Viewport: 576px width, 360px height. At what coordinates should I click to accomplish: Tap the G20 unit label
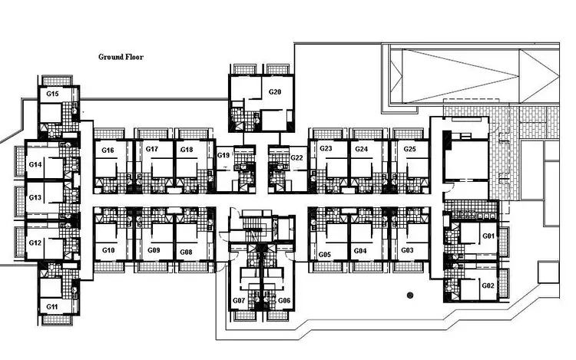(275, 92)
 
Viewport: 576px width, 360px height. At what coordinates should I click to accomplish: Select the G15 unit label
(52, 94)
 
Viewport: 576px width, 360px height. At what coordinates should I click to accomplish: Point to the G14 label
(35, 164)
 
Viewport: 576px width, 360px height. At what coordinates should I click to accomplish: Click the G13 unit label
(35, 197)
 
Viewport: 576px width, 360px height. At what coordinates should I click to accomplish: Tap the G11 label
(52, 306)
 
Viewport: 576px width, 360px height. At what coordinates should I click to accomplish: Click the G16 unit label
(108, 150)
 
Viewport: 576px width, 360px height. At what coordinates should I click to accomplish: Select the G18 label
(187, 150)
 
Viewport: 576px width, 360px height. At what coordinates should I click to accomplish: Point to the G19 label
(223, 156)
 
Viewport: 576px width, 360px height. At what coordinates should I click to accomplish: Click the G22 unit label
(297, 157)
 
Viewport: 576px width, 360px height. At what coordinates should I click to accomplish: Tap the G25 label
(410, 149)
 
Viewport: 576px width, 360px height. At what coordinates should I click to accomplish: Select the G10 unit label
(108, 251)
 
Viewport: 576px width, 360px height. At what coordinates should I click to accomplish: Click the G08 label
(186, 252)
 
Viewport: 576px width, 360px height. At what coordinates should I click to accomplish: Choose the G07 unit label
(238, 300)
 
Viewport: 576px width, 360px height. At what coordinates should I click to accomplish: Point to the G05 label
(324, 253)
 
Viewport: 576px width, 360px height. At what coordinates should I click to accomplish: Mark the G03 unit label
(407, 251)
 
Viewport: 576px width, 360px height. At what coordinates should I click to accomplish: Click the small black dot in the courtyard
(410, 294)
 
